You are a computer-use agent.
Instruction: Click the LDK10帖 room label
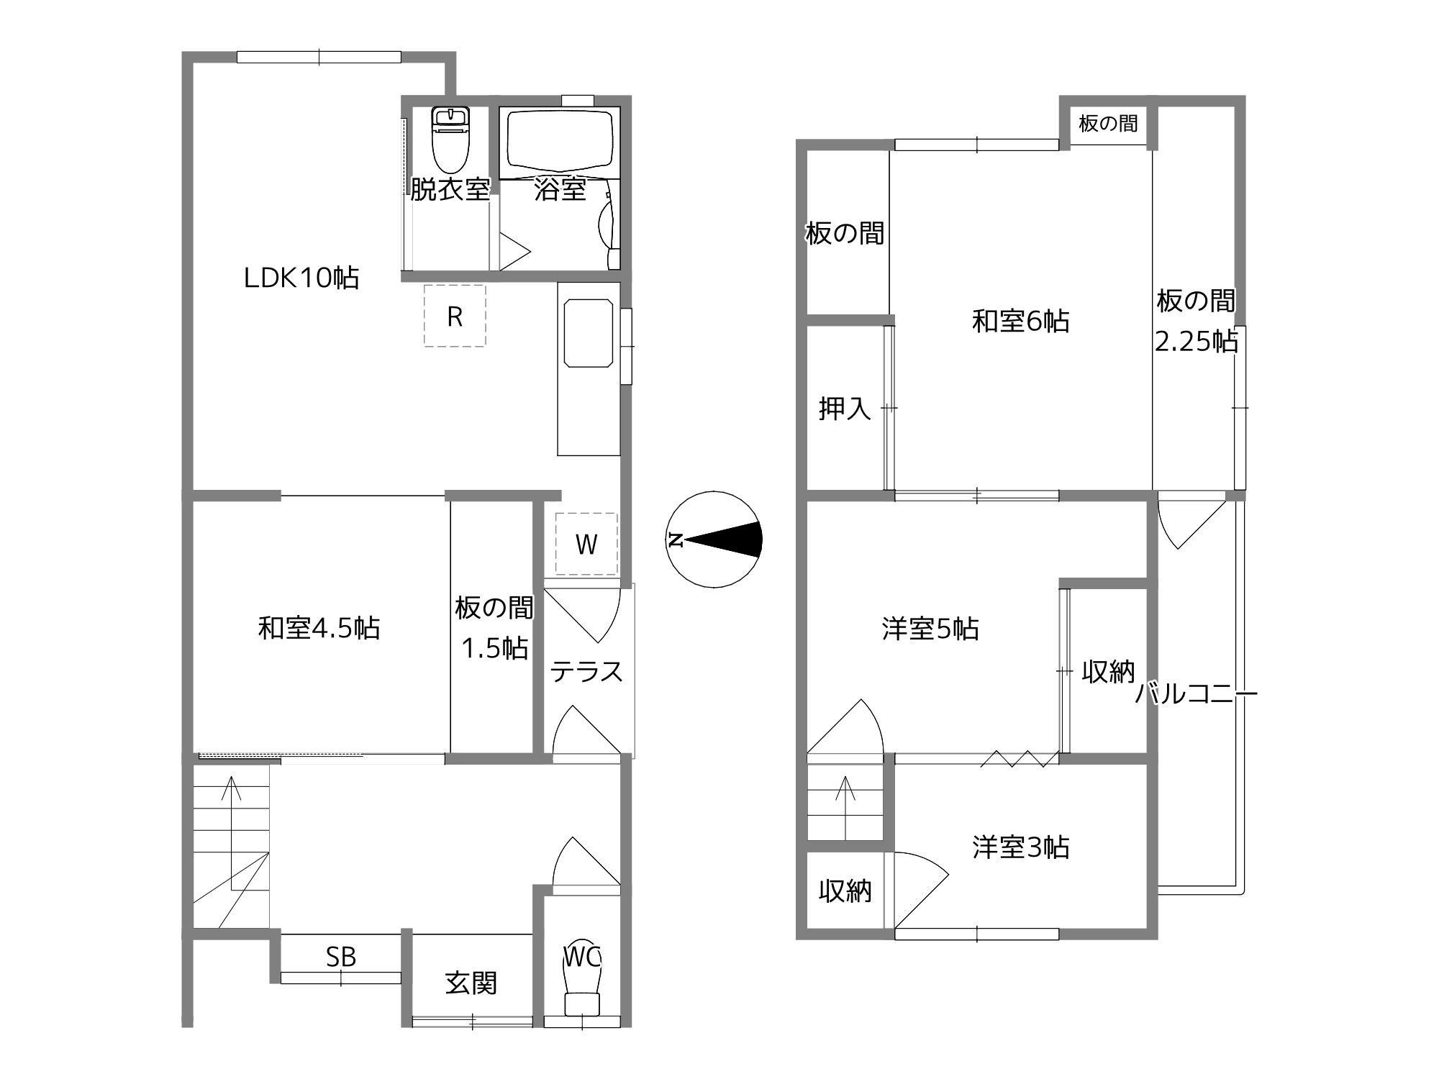point(301,278)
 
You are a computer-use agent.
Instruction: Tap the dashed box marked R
point(455,316)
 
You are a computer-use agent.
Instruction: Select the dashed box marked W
point(586,544)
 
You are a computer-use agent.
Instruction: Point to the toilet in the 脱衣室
point(450,140)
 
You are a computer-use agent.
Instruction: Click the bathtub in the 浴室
point(560,143)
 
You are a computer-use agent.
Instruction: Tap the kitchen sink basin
point(589,334)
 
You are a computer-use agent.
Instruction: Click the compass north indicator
point(714,539)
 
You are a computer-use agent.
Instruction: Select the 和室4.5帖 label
point(319,628)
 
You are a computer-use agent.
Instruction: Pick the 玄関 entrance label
point(471,983)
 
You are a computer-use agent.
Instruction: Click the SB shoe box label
point(341,957)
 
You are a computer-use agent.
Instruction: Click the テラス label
point(586,672)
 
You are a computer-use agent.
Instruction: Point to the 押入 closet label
point(845,409)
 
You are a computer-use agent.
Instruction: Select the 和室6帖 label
point(1021,321)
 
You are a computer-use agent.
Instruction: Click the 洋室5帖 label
point(930,629)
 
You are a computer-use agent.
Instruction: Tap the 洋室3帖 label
point(1021,847)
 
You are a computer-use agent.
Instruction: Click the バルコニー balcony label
point(1196,694)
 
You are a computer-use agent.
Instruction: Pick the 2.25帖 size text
point(1197,341)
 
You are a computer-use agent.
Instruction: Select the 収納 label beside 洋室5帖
point(1108,672)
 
